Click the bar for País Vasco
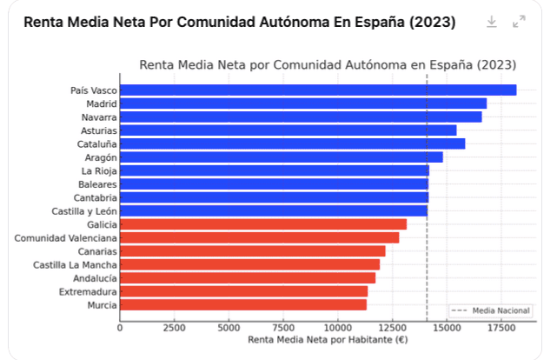[317, 90]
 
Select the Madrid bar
[302, 103]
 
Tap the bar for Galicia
[262, 224]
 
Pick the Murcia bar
[242, 305]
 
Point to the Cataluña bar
[292, 143]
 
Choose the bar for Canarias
[252, 251]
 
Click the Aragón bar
[281, 157]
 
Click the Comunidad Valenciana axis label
[65, 237]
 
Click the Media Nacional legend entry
[491, 310]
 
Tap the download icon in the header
[492, 22]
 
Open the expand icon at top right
[519, 22]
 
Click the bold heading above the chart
[240, 22]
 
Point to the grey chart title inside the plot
[328, 65]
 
